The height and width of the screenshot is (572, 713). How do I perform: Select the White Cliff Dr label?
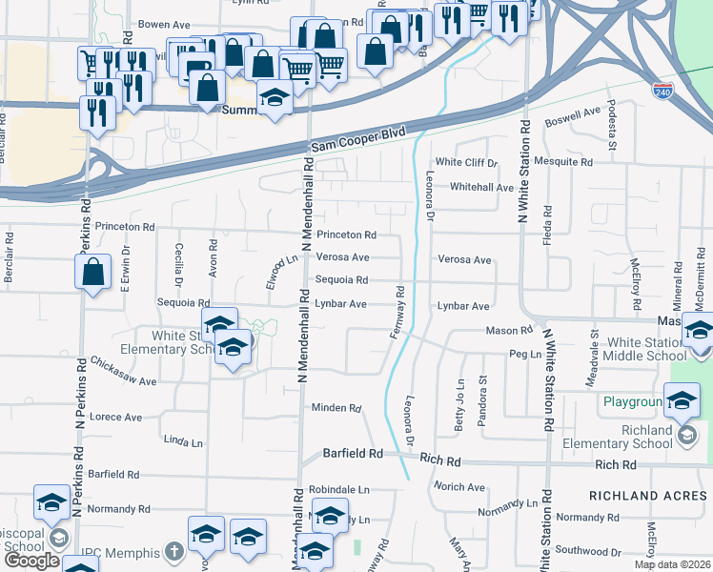[x=466, y=163]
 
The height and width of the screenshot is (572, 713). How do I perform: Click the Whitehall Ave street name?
[x=481, y=188]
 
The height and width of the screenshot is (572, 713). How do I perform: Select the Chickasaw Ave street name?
[x=122, y=372]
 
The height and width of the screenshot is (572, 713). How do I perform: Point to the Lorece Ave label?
[x=115, y=418]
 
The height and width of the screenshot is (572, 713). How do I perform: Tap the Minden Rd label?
[x=336, y=408]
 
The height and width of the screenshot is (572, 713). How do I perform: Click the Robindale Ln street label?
[x=337, y=489]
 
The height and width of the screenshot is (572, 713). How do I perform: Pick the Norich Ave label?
[x=459, y=487]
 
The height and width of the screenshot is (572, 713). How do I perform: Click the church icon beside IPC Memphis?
[x=173, y=551]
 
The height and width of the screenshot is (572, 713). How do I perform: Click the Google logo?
[x=31, y=562]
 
